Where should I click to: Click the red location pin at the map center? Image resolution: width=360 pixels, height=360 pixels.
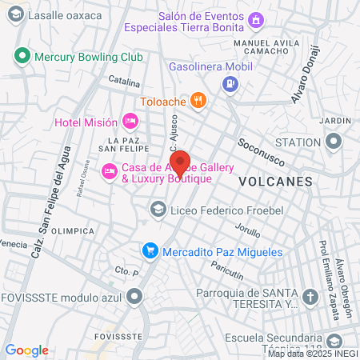pos(180,163)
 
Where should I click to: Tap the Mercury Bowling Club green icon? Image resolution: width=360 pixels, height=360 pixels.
pos(22,57)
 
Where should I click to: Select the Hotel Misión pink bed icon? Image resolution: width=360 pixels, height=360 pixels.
pos(130,122)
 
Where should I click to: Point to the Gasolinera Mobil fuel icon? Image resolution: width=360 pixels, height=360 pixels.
pos(230,82)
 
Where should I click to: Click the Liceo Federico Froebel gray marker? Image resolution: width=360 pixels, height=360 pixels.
pos(158,210)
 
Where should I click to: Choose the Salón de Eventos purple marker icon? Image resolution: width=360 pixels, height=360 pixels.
pos(255,20)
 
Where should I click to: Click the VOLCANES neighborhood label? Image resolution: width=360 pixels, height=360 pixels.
pos(275,182)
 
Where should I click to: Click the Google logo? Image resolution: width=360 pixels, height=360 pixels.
pos(26,350)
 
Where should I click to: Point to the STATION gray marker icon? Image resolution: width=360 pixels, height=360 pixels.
pos(334,142)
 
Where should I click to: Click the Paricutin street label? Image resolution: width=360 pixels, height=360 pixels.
pos(226,274)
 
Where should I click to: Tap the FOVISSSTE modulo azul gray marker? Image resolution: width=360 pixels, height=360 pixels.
pos(134,298)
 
